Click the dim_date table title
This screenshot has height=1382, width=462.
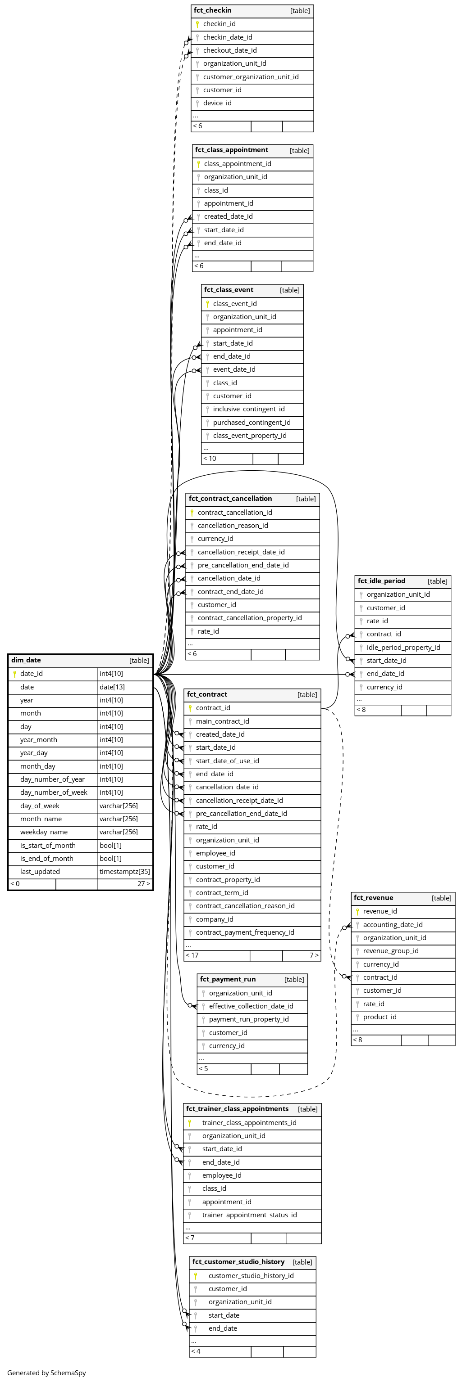26,660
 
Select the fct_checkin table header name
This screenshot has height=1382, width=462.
213,10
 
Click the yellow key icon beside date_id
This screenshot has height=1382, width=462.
14,674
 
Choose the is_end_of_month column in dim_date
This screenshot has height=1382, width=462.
47,858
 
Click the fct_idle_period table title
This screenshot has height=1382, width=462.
381,581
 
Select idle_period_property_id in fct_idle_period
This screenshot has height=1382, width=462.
403,648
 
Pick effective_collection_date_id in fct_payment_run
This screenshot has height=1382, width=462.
251,1006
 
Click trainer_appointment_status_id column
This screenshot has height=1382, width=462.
249,1215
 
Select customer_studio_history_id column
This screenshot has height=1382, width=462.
251,1275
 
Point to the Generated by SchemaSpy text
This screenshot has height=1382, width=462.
47,1373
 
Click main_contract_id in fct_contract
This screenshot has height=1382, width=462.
222,721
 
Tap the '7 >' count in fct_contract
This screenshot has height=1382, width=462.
314,955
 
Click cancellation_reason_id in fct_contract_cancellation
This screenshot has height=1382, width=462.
233,525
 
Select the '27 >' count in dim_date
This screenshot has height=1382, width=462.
143,883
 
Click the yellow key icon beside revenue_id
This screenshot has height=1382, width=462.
357,911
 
